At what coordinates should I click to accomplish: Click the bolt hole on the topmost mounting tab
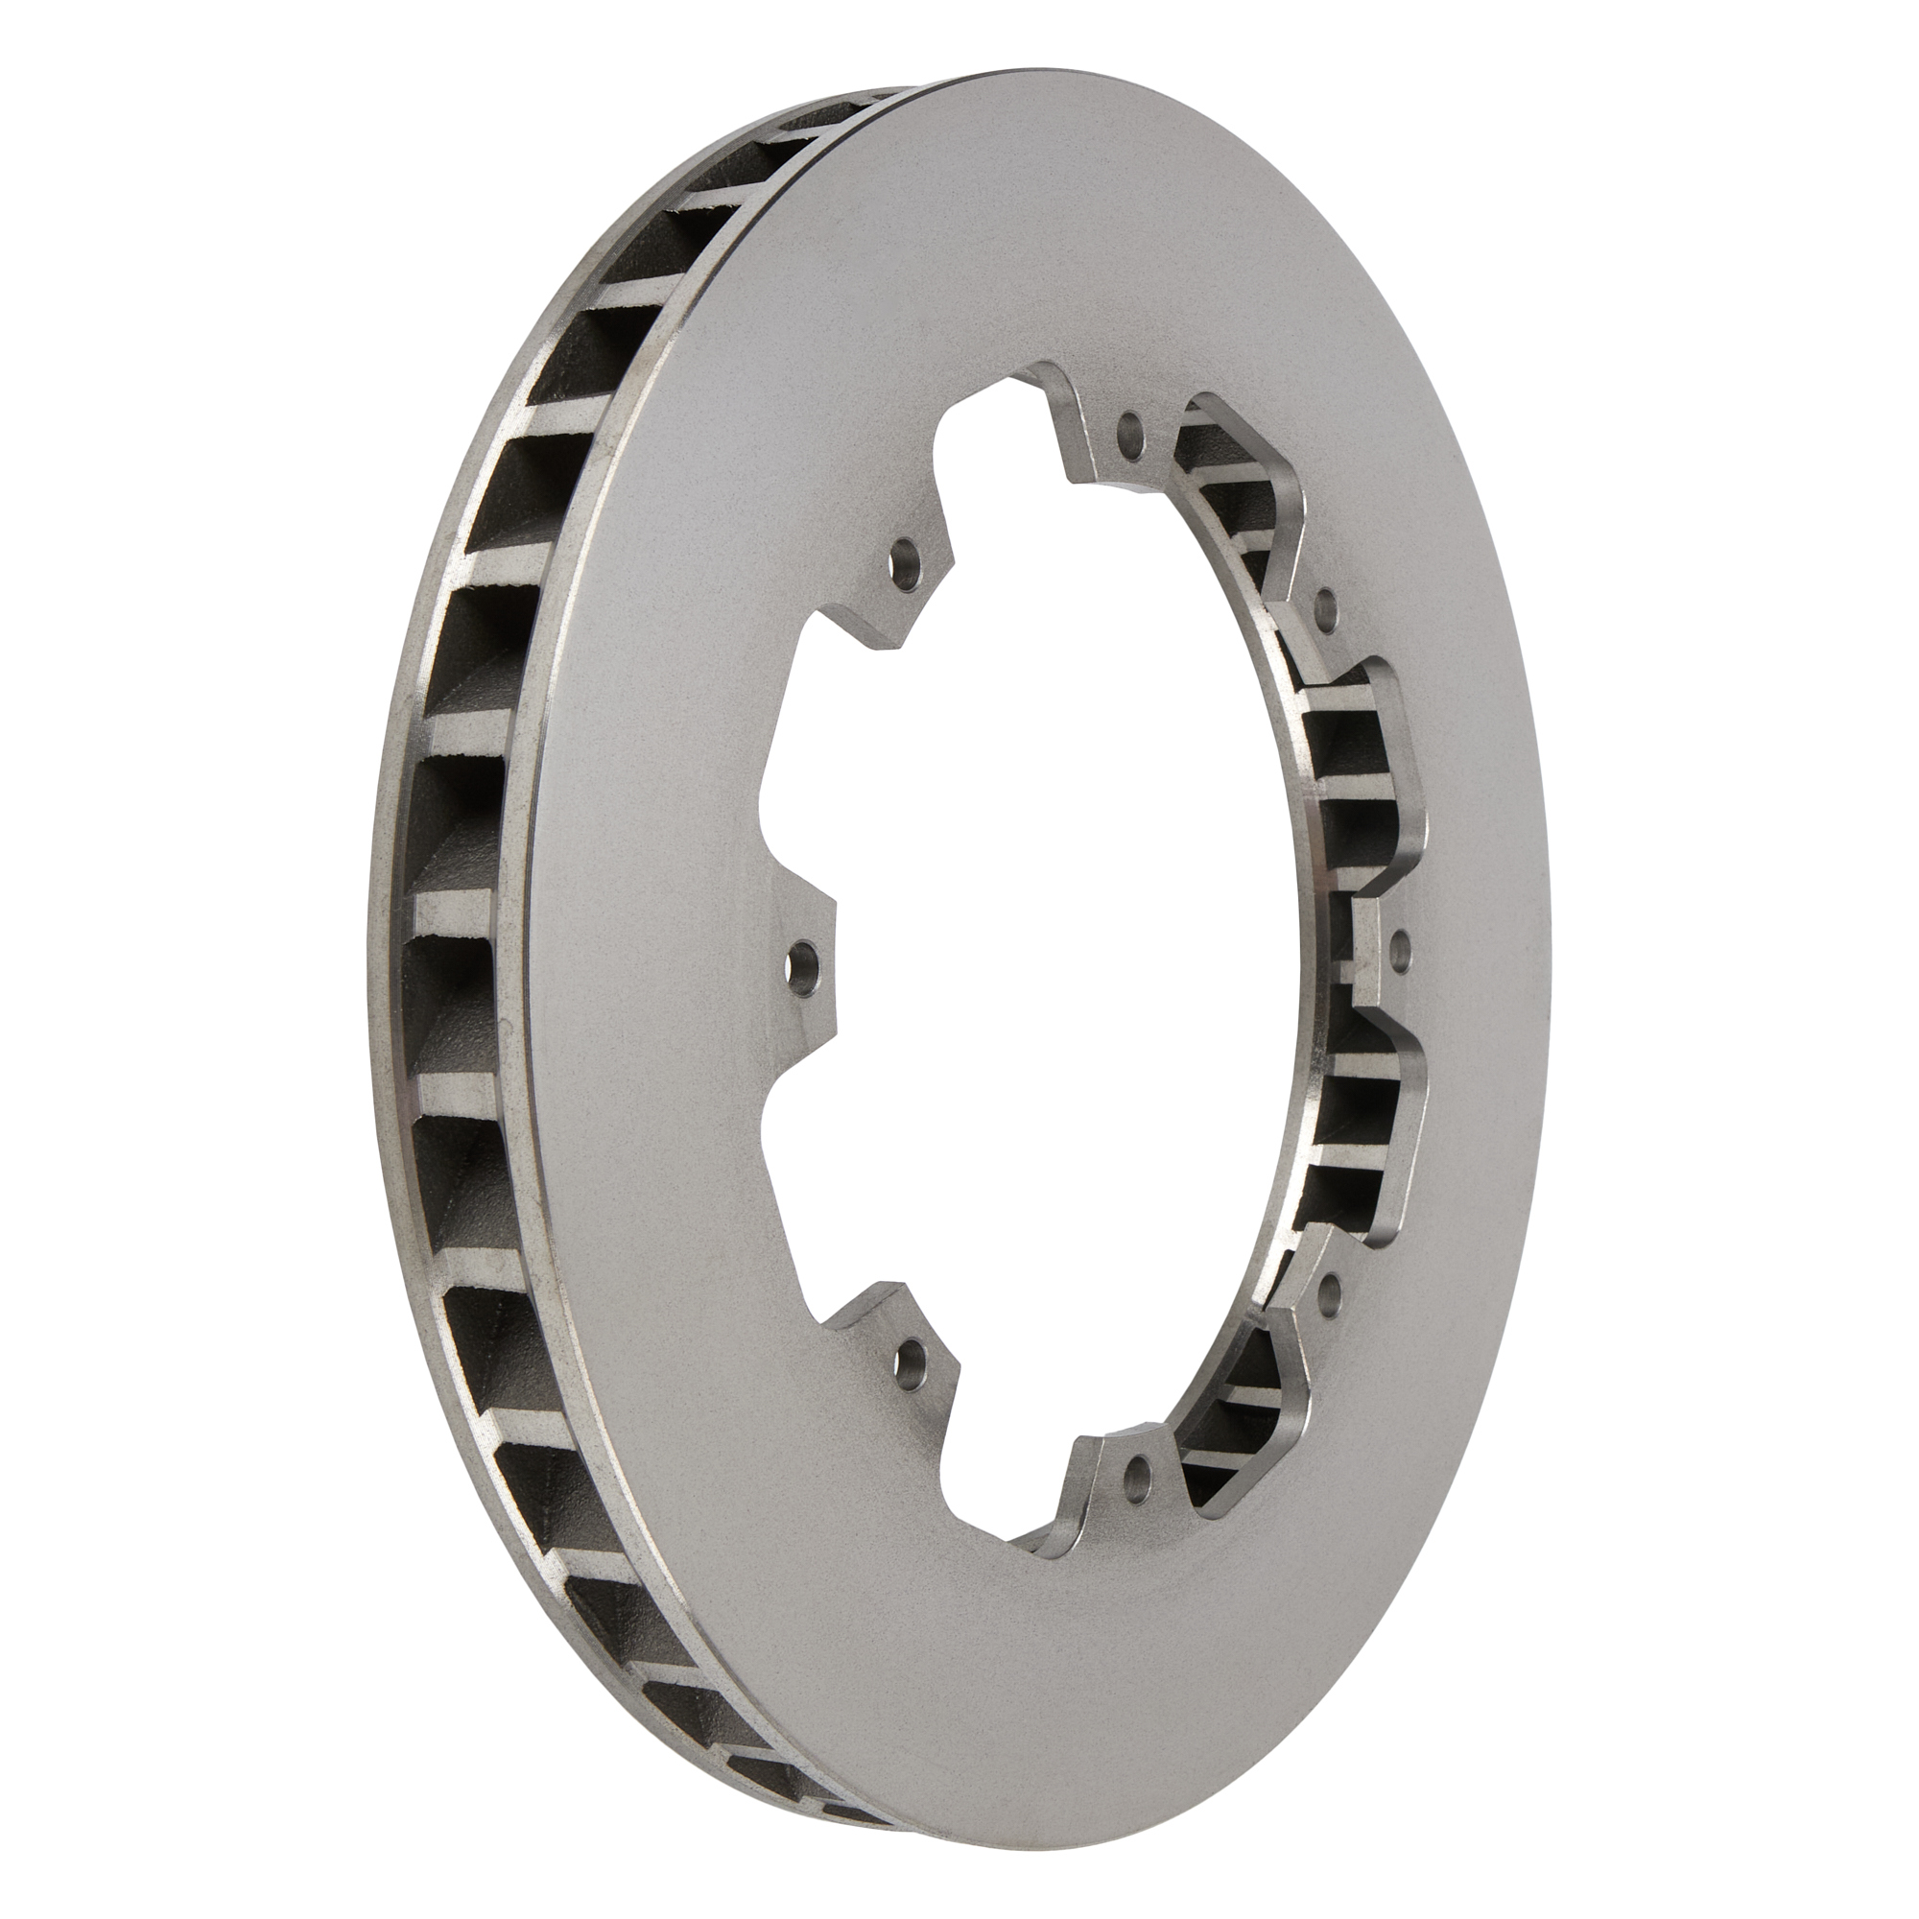tap(1129, 430)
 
